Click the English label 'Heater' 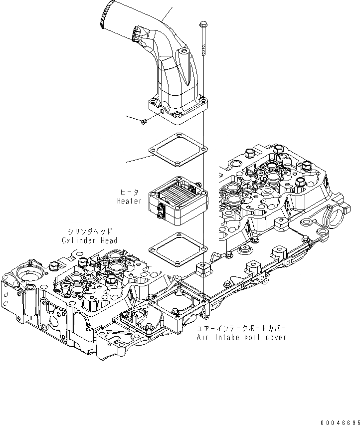click(x=129, y=202)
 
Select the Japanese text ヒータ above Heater click(x=129, y=192)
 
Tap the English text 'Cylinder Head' click(x=90, y=240)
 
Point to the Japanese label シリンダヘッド click(x=90, y=231)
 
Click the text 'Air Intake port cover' click(x=241, y=338)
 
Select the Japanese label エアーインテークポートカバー click(x=241, y=329)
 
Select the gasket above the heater click(x=177, y=148)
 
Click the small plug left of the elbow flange click(x=144, y=121)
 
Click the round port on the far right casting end click(x=338, y=217)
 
